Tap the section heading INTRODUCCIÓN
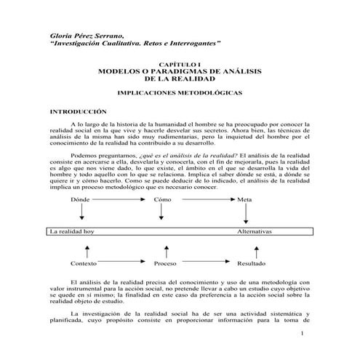[x=78, y=112]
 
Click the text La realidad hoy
[x=73, y=231]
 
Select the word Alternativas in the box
[x=255, y=231]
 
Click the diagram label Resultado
[x=252, y=263]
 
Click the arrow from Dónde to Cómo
[x=120, y=199]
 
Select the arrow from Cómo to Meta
[x=203, y=199]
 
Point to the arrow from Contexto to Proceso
[x=124, y=263]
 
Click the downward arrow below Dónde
[x=81, y=212]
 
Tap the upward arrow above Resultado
[x=249, y=251]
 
